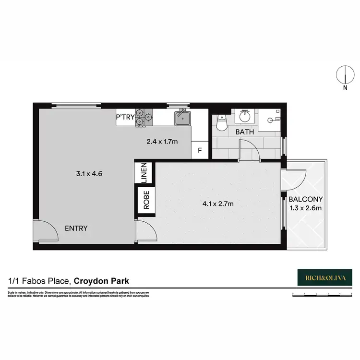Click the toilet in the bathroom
[x=222, y=123]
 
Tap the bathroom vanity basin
[x=245, y=117]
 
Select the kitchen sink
[x=183, y=118]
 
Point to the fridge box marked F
[x=200, y=150]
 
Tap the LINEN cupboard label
[x=144, y=172]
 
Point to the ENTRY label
[x=76, y=228]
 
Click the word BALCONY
[x=305, y=199]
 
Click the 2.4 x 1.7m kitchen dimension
[x=162, y=142]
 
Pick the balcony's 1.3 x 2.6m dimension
[x=306, y=208]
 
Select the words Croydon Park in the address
[x=102, y=280]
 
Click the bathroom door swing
[x=250, y=148]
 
